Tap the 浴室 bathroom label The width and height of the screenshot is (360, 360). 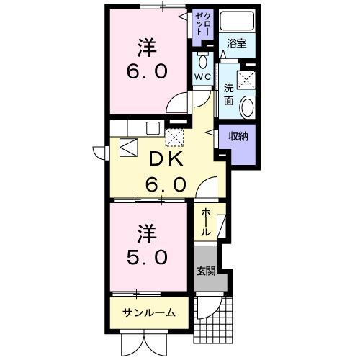(x=237, y=44)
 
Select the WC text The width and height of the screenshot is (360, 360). (x=201, y=76)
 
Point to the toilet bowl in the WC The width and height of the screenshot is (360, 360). (x=202, y=58)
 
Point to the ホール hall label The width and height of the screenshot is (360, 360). (x=205, y=222)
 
